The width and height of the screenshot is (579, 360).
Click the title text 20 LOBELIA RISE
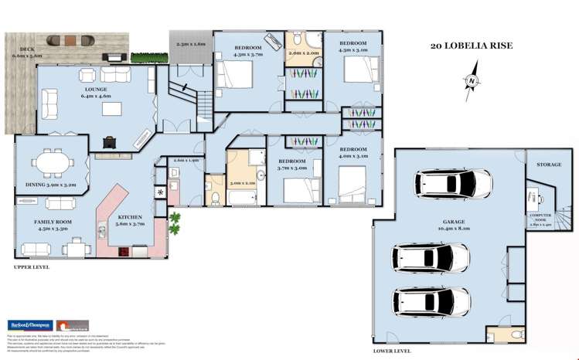coord(471,46)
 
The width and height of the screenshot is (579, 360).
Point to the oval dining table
coord(53,164)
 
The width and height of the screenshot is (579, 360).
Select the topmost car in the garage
coord(452,184)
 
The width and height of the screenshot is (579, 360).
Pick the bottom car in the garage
coord(431,301)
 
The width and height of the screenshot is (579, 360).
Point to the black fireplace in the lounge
coord(110,141)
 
